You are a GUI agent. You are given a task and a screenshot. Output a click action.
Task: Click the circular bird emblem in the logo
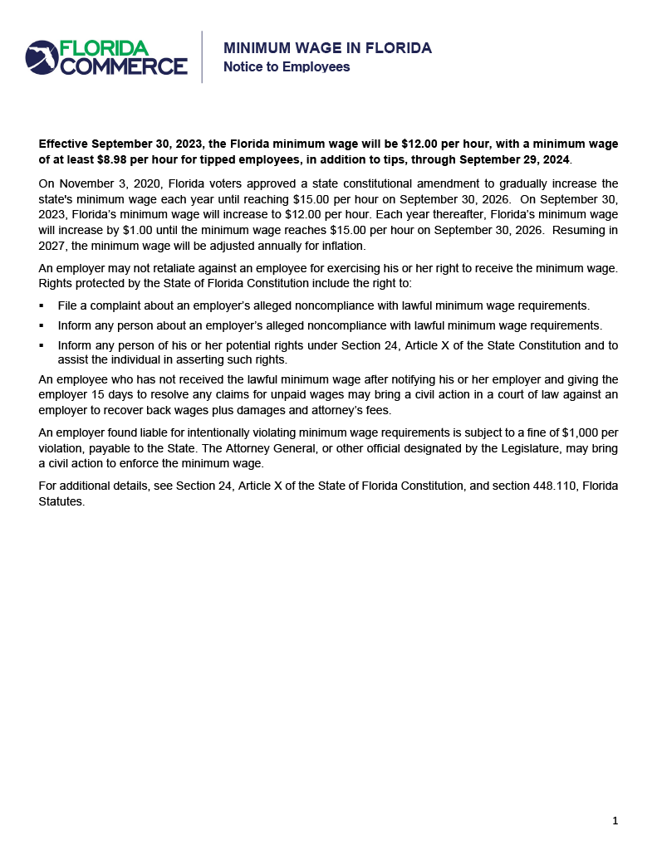[x=42, y=57]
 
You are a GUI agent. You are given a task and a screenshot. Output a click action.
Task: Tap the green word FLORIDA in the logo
[x=104, y=49]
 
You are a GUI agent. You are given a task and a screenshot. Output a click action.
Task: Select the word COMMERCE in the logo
[x=124, y=66]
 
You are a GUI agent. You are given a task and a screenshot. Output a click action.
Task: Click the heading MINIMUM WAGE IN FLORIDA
[x=327, y=48]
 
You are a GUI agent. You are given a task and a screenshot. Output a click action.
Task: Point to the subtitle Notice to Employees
[x=287, y=66]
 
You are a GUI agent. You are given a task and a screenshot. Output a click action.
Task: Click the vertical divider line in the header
[x=202, y=57]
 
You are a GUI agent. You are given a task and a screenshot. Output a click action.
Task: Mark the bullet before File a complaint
[x=42, y=305]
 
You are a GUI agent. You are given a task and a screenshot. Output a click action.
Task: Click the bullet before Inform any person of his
[x=42, y=345]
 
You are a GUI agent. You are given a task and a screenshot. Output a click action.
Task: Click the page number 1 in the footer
[x=615, y=821]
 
